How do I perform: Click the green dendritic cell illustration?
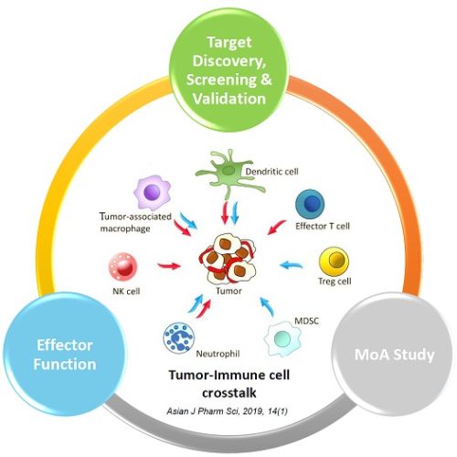[x=229, y=174]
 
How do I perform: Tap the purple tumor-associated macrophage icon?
[x=152, y=193]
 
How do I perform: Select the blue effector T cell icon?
[x=310, y=204]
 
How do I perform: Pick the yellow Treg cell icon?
[x=334, y=261]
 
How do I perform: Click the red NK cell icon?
[x=122, y=267]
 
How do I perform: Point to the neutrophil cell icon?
[x=178, y=337]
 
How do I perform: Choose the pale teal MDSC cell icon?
[x=282, y=339]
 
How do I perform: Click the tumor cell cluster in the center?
[x=228, y=259]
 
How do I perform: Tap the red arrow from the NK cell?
[x=169, y=266]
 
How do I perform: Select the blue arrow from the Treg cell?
[x=291, y=265]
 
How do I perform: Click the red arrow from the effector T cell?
[x=277, y=228]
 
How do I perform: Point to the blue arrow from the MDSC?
[x=267, y=306]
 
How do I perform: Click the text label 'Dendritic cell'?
[x=271, y=172]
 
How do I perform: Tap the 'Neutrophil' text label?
[x=218, y=354]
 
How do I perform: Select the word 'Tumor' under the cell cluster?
[x=228, y=291]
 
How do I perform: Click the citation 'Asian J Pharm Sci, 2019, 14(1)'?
[x=227, y=411]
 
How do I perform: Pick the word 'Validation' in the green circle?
[x=229, y=99]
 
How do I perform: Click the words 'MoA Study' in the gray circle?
[x=394, y=356]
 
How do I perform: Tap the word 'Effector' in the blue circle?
[x=65, y=345]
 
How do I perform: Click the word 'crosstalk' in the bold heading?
[x=229, y=393]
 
